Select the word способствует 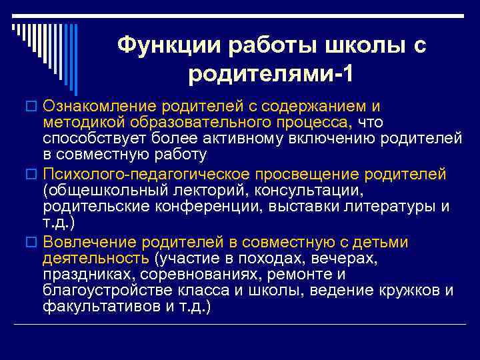[91, 138]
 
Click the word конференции [205, 207]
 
